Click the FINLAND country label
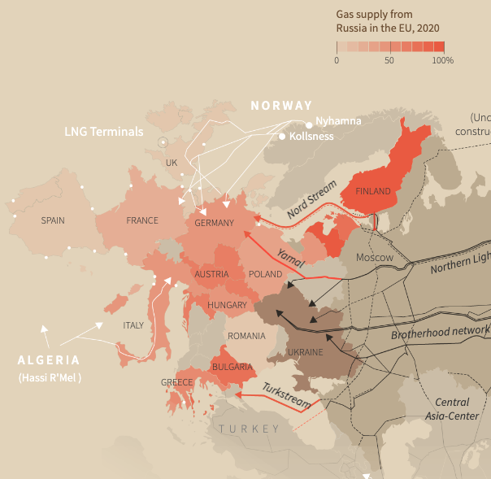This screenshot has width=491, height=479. [x=372, y=192]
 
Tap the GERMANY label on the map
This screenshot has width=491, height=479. [x=215, y=223]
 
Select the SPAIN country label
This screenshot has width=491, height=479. [x=53, y=220]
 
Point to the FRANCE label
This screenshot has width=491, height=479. [x=142, y=220]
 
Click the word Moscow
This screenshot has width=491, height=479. [x=375, y=258]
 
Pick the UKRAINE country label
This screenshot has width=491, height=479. [x=306, y=353]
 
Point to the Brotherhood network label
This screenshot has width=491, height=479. [x=441, y=332]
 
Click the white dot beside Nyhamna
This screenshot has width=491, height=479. [x=309, y=124]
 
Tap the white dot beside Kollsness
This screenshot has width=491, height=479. [x=282, y=137]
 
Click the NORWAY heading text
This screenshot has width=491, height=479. [x=281, y=106]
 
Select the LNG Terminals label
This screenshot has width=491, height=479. [x=104, y=132]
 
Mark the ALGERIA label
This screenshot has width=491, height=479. [x=50, y=360]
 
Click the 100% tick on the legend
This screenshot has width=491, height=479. [x=443, y=60]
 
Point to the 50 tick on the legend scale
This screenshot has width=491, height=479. [x=390, y=60]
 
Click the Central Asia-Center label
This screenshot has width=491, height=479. [x=452, y=409]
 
